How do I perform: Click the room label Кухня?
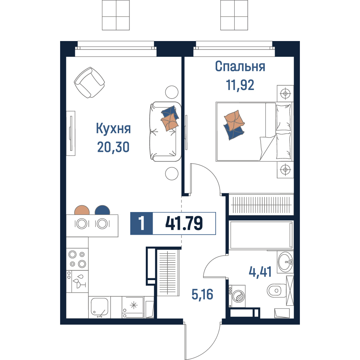pos(113,129)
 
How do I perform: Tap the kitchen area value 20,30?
pos(113,147)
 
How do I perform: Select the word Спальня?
pos(240,67)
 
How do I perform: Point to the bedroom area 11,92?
pos(240,85)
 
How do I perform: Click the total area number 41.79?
pos(184,223)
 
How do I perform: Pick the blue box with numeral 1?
pos(141,224)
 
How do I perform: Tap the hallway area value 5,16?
pos(202,294)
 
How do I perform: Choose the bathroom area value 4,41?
pos(260,272)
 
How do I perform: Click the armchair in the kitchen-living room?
pos(89,82)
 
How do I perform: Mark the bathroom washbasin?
pos(285,262)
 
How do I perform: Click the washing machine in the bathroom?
pos(237,296)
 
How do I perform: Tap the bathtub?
pos(261,235)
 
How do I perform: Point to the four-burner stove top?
pos(77,259)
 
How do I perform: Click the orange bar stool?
pos(82,210)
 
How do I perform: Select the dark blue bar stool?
pos(102,210)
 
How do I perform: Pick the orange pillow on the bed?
pos(234,121)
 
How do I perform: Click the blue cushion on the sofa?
pos(170,112)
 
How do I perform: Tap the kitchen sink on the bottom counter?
pos(99,307)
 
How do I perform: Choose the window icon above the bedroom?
pos(234,15)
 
